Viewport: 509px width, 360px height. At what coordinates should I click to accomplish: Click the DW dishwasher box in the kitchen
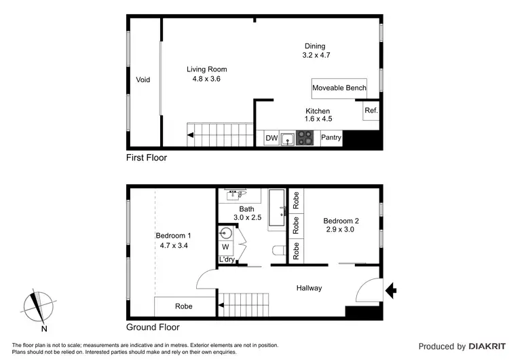click(x=271, y=139)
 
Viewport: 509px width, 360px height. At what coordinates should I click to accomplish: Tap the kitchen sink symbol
click(x=288, y=139)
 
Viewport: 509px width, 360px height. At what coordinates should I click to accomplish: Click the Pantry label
click(x=331, y=139)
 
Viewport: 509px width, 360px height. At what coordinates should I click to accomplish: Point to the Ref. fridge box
click(x=371, y=111)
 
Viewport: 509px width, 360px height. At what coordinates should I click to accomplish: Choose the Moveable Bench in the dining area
click(x=339, y=88)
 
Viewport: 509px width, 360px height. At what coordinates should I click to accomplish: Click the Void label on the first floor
click(x=143, y=79)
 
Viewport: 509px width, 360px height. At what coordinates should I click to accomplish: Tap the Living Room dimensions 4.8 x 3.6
click(x=207, y=79)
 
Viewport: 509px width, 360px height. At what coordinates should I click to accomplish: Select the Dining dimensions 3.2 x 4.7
click(x=315, y=55)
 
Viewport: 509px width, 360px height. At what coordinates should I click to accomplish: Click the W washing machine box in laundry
click(x=225, y=247)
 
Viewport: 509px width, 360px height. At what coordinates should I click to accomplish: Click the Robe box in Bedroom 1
click(x=183, y=306)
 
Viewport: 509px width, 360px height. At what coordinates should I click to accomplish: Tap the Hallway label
click(x=309, y=288)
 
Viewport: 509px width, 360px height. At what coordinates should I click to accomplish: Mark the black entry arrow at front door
click(x=392, y=291)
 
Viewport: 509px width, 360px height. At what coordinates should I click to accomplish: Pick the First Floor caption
click(x=147, y=158)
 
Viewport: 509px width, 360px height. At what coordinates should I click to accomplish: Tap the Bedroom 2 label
click(x=341, y=221)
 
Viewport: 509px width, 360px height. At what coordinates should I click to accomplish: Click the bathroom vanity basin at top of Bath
click(x=240, y=194)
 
